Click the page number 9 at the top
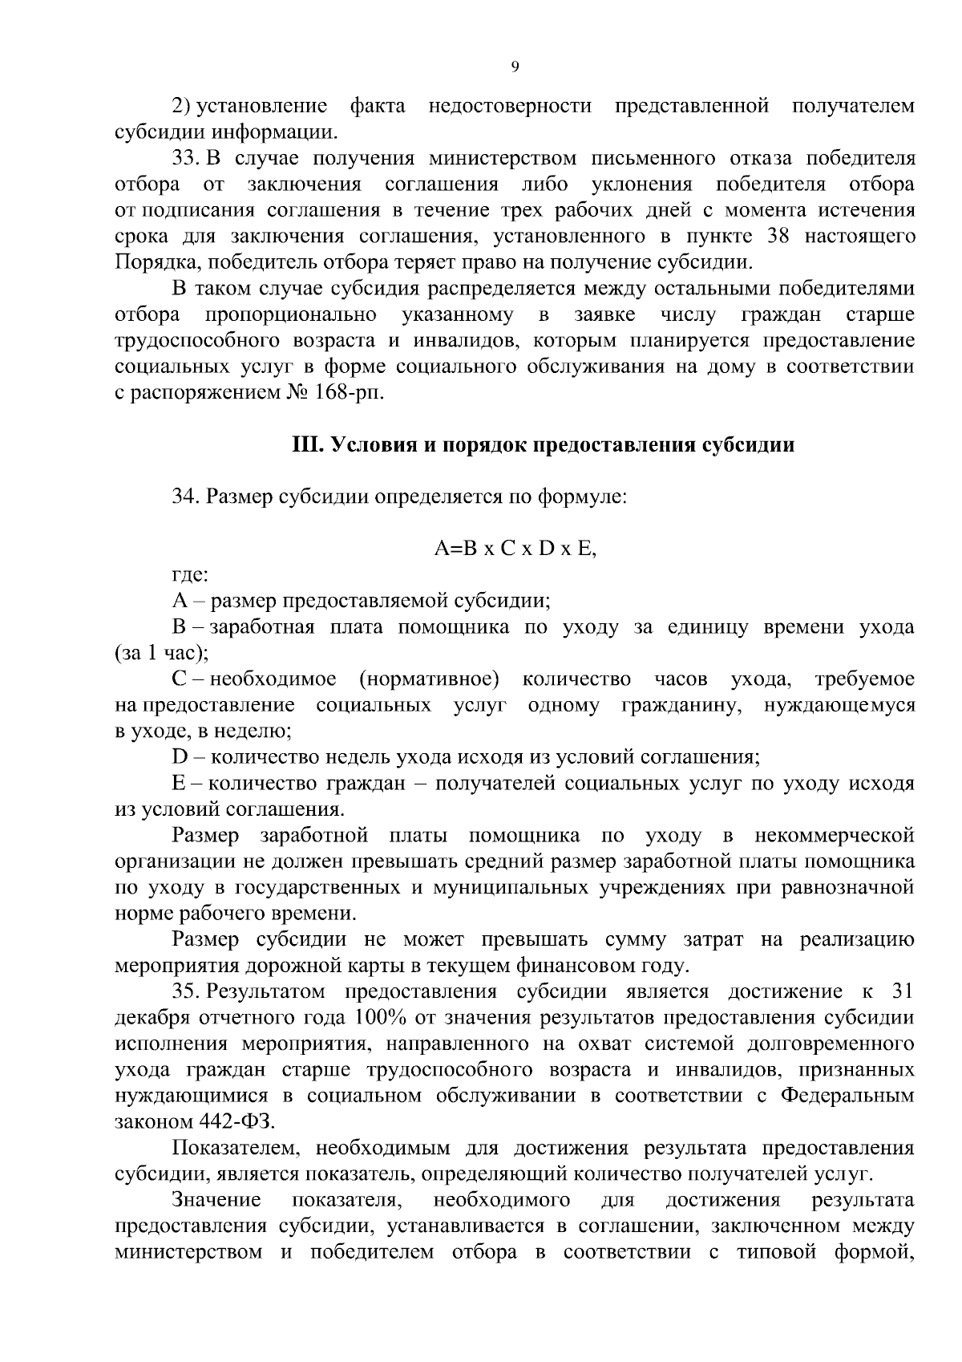pyautogui.click(x=515, y=67)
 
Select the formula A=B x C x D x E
pyautogui.click(x=515, y=549)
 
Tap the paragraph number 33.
pyautogui.click(x=185, y=158)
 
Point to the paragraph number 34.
pyautogui.click(x=185, y=497)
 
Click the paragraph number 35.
pyautogui.click(x=185, y=992)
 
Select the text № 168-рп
pyautogui.click(x=329, y=394)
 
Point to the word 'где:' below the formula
pyautogui.click(x=191, y=574)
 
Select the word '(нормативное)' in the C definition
pyautogui.click(x=429, y=679)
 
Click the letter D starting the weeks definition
pyautogui.click(x=179, y=757)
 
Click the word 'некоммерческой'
pyautogui.click(x=834, y=836)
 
